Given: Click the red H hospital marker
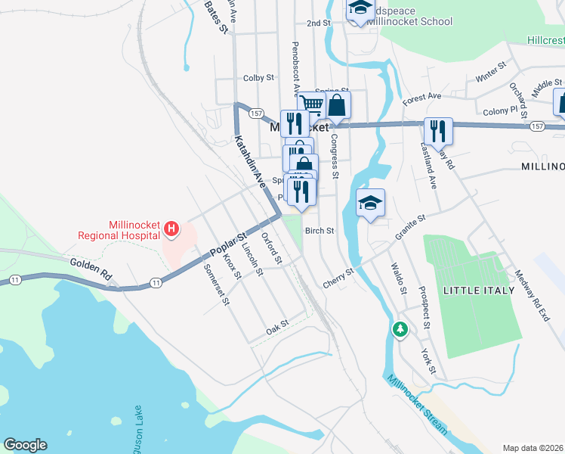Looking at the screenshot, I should (171, 229).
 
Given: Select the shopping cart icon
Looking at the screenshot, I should (311, 105).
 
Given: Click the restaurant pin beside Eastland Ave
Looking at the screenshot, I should (438, 129).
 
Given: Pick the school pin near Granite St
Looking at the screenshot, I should (370, 203).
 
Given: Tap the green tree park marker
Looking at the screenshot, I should (400, 329).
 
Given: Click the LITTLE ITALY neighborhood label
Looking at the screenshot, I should (479, 291).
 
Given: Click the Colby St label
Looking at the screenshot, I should (258, 78).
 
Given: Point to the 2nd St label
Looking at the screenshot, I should (319, 23).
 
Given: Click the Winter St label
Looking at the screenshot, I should (490, 73).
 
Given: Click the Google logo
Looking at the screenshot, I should (25, 445).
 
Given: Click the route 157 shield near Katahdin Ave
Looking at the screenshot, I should (256, 113).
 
